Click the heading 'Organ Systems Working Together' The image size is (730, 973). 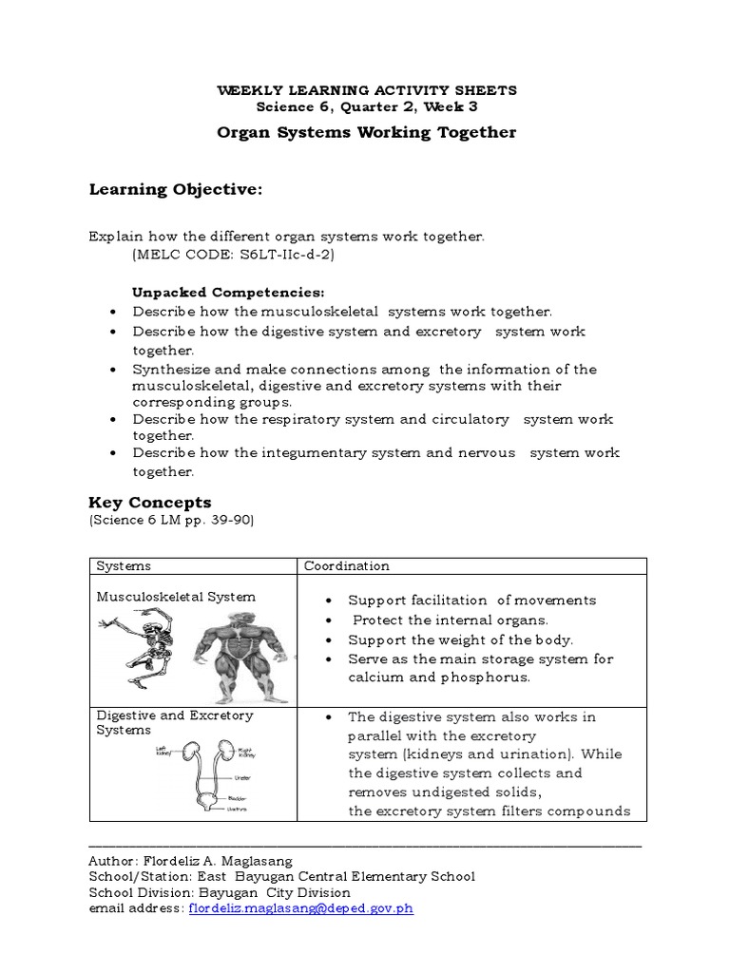coord(367,132)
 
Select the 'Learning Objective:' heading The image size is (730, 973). coord(175,190)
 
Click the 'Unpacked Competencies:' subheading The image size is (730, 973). coord(228,293)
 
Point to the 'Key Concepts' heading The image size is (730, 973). coord(150,503)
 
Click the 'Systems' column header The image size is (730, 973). coord(124,566)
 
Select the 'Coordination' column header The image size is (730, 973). coord(347,566)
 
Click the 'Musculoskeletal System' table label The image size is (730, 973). coord(176,597)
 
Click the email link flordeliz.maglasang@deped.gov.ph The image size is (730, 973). coord(301,908)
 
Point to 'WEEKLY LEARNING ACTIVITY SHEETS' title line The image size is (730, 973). coord(367,90)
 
